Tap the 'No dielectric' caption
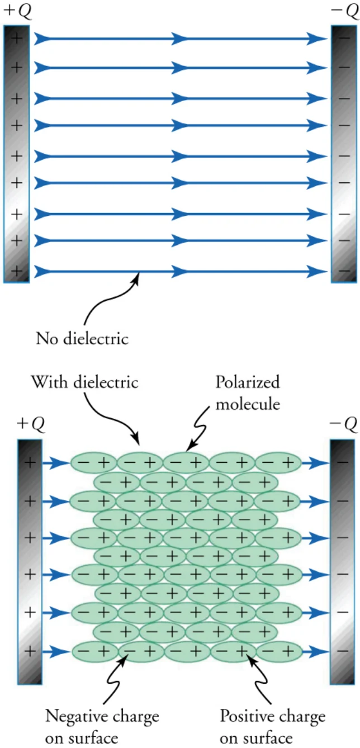82,339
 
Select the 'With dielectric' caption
84,382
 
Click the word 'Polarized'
248,382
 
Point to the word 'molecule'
248,404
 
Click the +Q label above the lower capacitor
31,423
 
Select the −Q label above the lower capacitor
344,423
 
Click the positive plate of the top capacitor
16,154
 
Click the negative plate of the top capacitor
344,154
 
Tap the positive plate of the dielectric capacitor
30,562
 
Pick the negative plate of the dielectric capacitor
342,562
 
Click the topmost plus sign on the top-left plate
16,37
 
